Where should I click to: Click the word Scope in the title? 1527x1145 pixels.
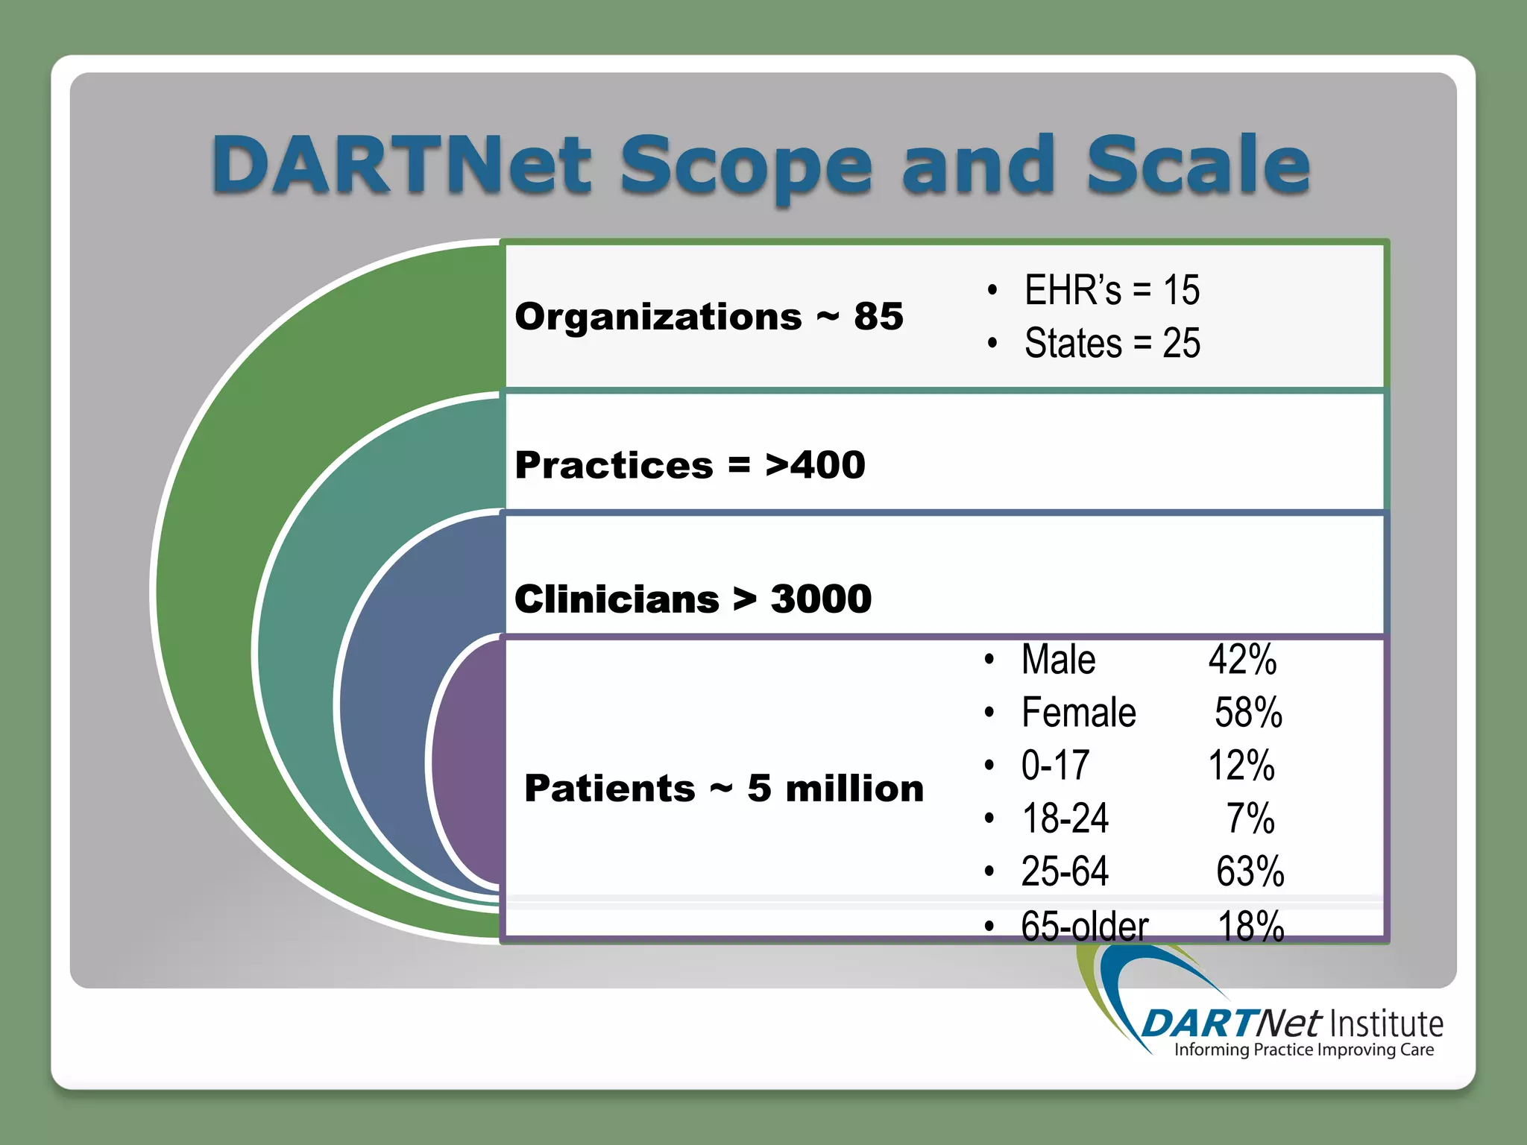point(746,165)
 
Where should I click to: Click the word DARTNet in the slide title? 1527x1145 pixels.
point(403,165)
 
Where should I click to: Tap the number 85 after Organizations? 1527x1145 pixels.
point(878,316)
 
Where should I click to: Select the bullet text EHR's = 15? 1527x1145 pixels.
point(1111,290)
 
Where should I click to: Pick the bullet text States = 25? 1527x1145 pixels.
point(1111,344)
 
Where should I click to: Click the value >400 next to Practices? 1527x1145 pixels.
point(815,465)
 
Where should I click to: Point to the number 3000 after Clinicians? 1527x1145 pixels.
point(820,599)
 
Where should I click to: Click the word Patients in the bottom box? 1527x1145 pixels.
point(609,788)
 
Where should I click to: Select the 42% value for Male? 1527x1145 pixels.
point(1242,660)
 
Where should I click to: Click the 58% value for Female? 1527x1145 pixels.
point(1248,713)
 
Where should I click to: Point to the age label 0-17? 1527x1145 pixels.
point(1055,766)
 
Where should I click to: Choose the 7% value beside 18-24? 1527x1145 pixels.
point(1250,818)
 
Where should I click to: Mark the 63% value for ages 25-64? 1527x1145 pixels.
point(1250,871)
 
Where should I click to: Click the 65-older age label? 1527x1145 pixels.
point(1084,926)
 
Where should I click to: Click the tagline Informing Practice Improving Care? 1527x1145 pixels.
point(1303,1050)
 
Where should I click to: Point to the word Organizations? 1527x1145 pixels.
point(658,316)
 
